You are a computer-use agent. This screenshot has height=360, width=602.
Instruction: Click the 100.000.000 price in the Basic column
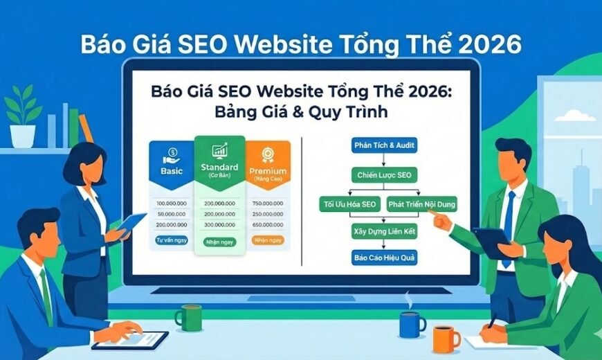(171, 203)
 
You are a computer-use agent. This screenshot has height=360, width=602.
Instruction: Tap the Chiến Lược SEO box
(384, 175)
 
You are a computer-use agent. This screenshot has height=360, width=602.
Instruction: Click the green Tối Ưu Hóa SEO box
(349, 205)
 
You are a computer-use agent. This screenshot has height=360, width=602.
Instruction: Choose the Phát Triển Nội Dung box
(421, 205)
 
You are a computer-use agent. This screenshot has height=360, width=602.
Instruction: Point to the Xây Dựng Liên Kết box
(385, 231)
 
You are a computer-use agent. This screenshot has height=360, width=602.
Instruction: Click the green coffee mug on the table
(186, 317)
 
